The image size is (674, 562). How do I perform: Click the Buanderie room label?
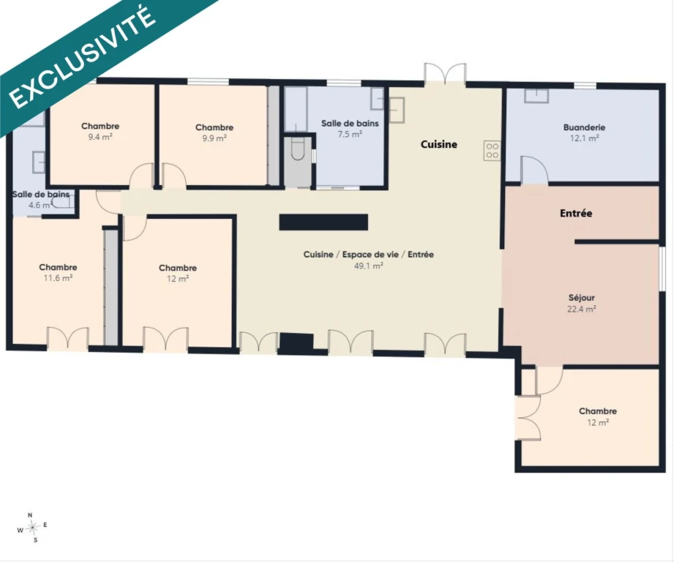tap(584, 127)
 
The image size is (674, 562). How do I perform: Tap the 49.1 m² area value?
tap(368, 266)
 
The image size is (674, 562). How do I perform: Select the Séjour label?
tap(582, 298)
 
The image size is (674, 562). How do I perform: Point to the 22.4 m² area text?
tap(582, 309)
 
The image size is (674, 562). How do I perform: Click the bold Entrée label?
tap(576, 213)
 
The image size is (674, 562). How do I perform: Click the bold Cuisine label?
tap(439, 144)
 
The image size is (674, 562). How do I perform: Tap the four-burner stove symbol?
tap(493, 151)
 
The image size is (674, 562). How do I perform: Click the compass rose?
tap(32, 527)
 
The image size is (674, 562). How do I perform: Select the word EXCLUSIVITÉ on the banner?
tap(82, 57)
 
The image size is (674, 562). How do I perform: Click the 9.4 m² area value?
tap(100, 137)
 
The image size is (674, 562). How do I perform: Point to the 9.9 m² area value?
tap(214, 138)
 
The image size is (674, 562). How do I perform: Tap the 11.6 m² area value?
tap(58, 278)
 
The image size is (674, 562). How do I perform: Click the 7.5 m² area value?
tap(350, 135)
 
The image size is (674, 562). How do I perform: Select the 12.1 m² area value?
tap(585, 138)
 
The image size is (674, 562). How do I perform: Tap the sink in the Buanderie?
tap(536, 96)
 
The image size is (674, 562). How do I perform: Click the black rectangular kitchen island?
tap(323, 222)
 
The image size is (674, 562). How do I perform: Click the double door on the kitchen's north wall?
tap(445, 73)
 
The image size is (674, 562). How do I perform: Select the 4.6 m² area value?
tap(40, 206)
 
